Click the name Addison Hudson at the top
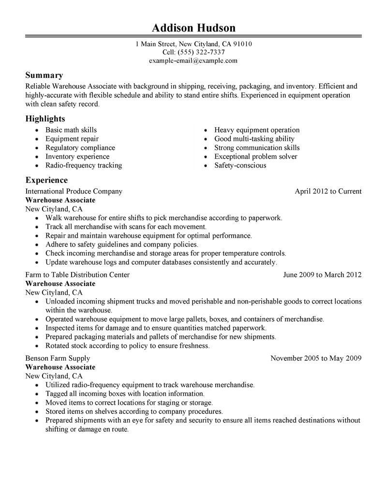pos(193,27)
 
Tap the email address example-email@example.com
pos(193,61)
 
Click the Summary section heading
pos(44,75)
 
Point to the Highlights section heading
pos(45,118)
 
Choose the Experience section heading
pos(46,180)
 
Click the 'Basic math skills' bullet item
pos(71,130)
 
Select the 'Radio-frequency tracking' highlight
pos(84,165)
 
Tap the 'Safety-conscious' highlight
pos(240,165)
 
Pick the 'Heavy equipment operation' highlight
pos(257,130)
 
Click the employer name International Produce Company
pos(74,191)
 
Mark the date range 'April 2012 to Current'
pos(328,191)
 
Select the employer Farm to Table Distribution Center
pos(77,275)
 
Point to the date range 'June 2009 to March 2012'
pos(322,275)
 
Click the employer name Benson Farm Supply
pos(58,359)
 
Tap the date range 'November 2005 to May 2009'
pos(316,359)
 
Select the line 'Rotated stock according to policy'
pos(128,346)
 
